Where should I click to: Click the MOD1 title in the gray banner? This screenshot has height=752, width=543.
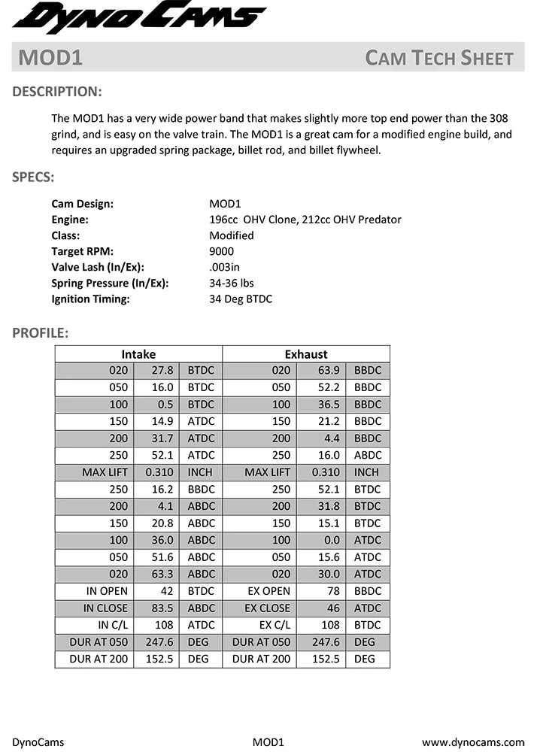click(50, 58)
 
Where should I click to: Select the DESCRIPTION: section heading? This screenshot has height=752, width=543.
click(57, 92)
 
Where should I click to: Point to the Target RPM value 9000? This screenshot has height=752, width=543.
click(222, 251)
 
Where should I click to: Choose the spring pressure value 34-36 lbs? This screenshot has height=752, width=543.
click(232, 283)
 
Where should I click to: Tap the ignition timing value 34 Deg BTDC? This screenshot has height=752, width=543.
click(241, 299)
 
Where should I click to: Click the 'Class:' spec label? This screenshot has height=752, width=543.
click(67, 235)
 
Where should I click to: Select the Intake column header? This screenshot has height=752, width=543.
click(138, 353)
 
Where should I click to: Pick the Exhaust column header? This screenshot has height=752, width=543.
click(306, 353)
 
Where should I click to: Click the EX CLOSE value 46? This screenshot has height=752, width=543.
click(332, 608)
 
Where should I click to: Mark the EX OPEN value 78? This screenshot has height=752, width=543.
click(332, 591)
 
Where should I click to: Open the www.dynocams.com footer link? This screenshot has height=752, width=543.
click(473, 742)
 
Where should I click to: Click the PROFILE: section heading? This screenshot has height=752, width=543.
click(41, 332)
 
